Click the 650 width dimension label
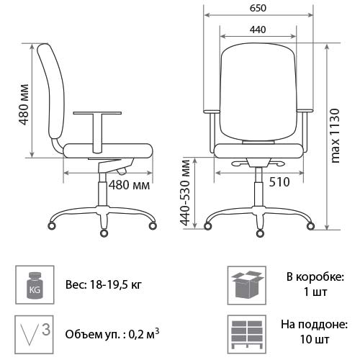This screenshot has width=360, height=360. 258,8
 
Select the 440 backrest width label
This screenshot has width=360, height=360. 258,30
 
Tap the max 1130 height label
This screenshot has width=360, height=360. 335,136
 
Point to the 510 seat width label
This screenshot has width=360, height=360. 279,182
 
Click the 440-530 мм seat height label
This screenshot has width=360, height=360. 185,192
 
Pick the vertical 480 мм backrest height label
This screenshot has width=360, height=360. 24,104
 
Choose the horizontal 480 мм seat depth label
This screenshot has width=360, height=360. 130,185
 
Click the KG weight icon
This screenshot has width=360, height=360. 35,285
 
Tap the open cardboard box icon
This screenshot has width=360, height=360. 247,285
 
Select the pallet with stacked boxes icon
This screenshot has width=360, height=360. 247,334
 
